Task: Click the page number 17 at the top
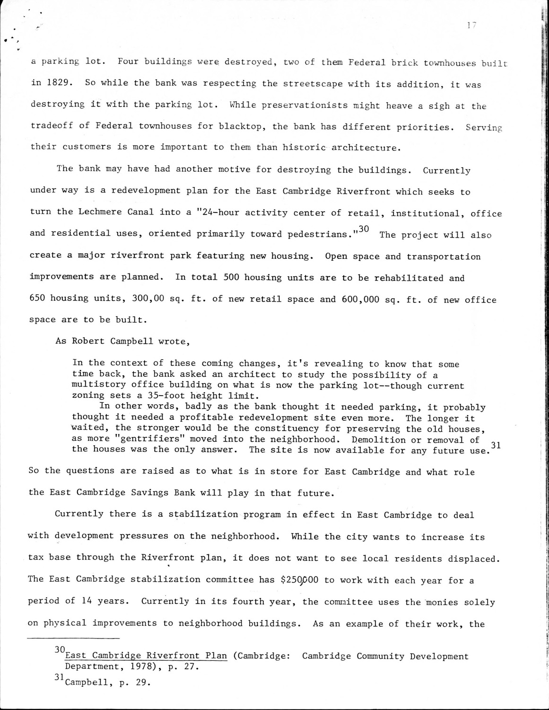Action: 470,27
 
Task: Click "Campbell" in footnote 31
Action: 86,683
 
